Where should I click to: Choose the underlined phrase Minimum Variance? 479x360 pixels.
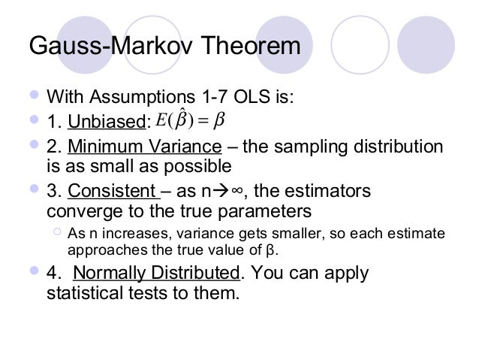[x=146, y=145]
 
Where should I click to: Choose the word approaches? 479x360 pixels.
[x=102, y=250]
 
